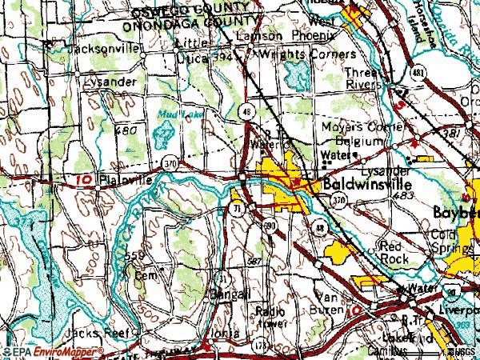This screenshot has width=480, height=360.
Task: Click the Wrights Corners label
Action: coord(305,54)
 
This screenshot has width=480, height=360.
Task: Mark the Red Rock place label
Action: coord(395,253)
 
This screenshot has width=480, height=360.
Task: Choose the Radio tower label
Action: coord(271,315)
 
